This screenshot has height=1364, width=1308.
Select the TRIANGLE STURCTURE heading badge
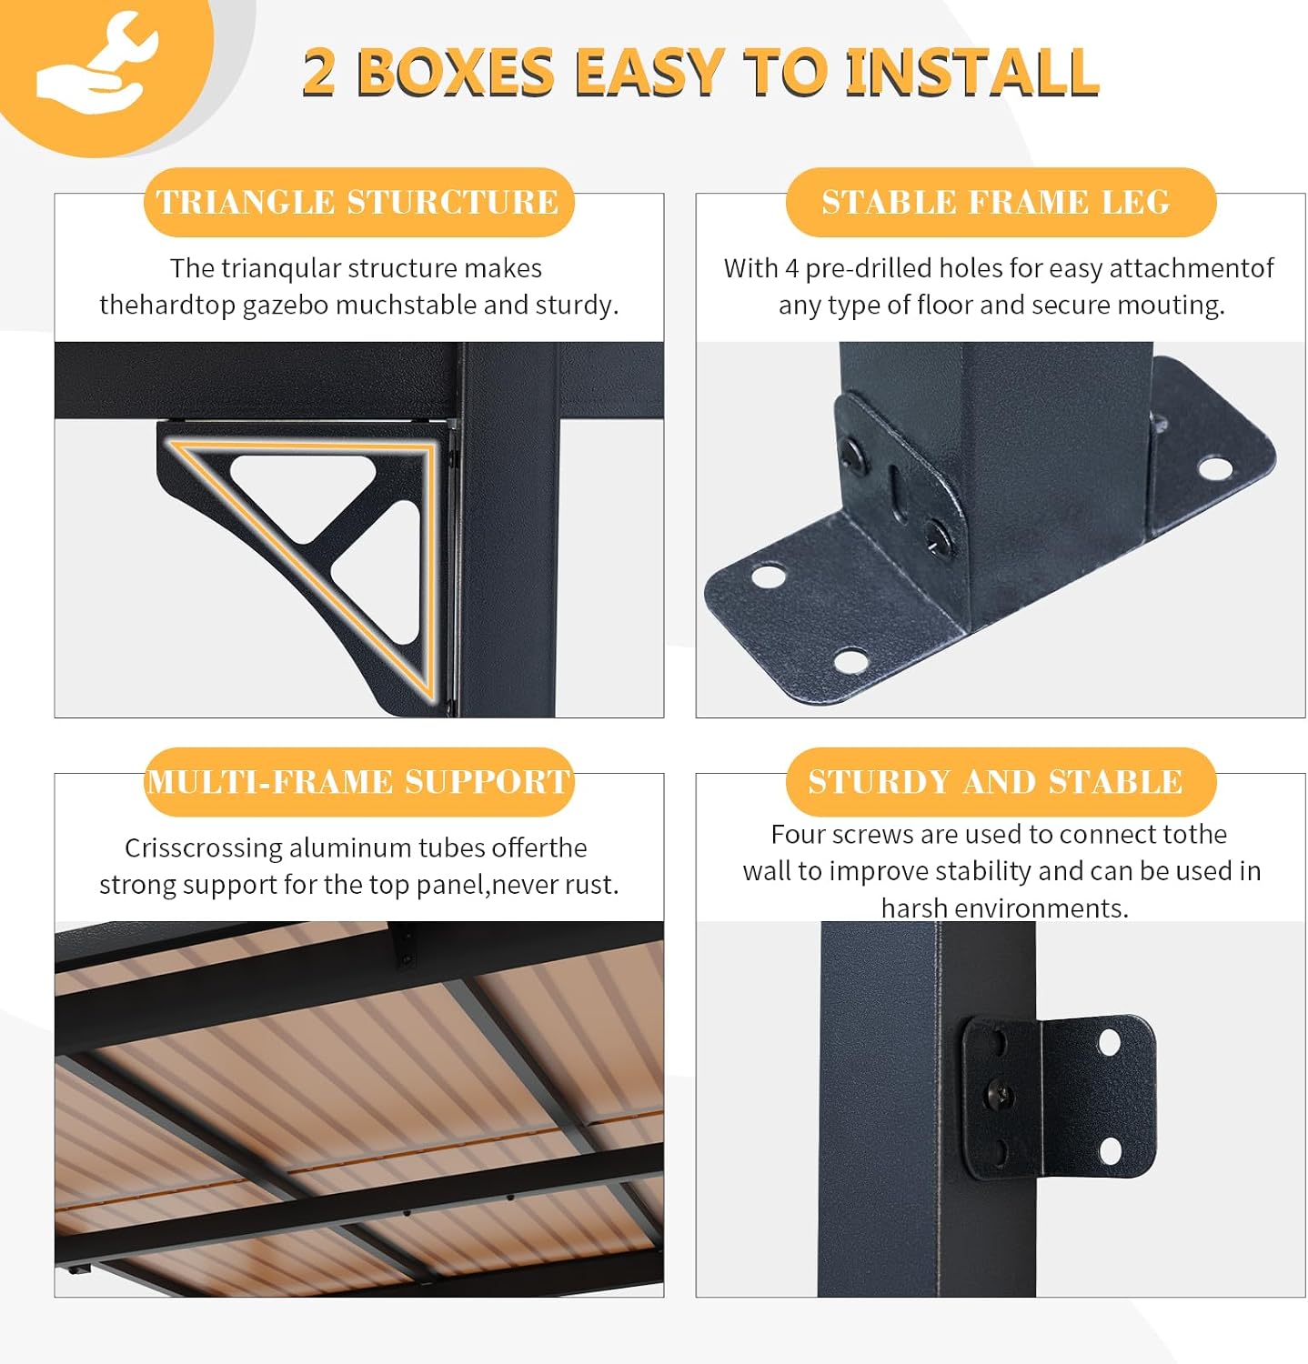358,202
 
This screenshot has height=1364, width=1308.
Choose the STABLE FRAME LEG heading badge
1001,202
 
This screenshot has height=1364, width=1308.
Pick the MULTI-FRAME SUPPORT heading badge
358,782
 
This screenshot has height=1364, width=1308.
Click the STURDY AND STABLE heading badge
1001,782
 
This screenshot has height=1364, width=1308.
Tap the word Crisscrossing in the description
205,848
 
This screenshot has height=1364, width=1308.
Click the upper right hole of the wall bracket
1109,1042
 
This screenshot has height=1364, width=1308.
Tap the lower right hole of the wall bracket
1111,1151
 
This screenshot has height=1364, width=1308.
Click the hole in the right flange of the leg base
1214,468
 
